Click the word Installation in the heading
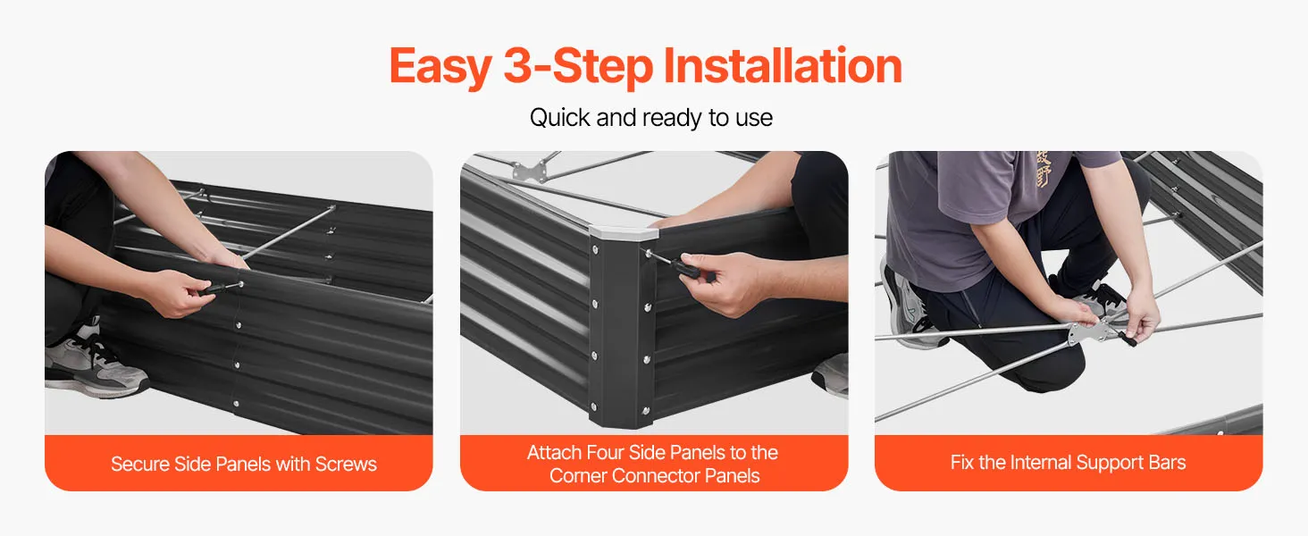(x=783, y=65)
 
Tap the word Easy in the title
(x=440, y=67)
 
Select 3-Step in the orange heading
(x=577, y=67)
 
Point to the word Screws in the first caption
(x=346, y=464)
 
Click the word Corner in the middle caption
(x=577, y=476)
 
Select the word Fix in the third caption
(x=961, y=463)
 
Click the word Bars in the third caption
(x=1167, y=463)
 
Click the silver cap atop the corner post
(x=623, y=233)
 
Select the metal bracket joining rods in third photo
(x=1091, y=331)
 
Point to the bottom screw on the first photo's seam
(x=236, y=404)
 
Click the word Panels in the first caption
(x=244, y=464)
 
